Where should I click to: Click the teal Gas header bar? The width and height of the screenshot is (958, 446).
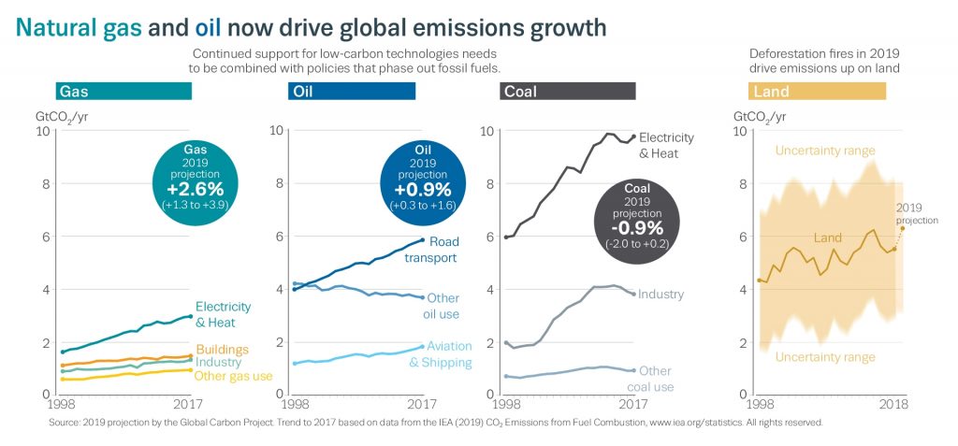tap(123, 91)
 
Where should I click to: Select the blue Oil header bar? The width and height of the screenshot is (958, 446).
tap(352, 91)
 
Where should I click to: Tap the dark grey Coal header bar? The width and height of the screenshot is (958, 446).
tap(568, 91)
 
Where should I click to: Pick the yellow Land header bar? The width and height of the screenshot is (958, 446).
tap(818, 91)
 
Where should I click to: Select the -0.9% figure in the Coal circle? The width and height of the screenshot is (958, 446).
tap(635, 228)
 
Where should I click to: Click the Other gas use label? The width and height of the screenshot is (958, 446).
tap(234, 376)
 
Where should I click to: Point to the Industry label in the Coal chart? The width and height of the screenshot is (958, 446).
tap(660, 295)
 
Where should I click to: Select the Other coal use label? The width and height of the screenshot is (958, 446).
tap(657, 379)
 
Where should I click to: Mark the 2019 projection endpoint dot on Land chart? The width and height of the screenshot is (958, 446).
tap(903, 228)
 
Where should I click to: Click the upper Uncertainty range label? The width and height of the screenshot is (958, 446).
tap(825, 151)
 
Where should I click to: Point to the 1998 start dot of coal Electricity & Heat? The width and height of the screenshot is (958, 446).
tap(506, 237)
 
